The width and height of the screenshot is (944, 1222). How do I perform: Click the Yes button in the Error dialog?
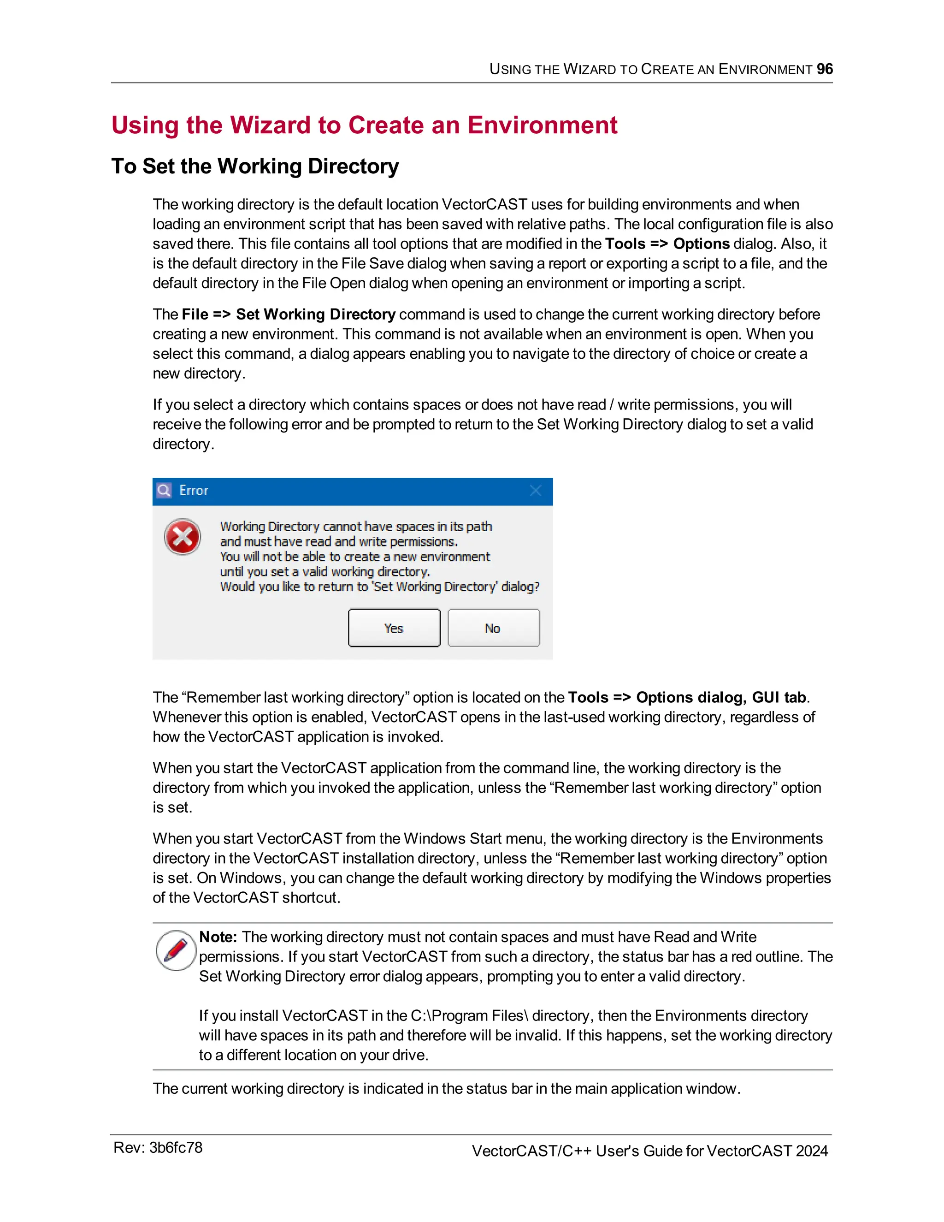394,628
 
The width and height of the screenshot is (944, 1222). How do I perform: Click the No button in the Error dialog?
493,628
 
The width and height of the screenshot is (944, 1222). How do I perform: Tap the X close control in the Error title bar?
535,491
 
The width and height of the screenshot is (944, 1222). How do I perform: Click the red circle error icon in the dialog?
183,537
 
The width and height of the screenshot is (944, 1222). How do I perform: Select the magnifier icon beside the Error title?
164,491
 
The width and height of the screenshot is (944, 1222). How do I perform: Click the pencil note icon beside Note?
176,950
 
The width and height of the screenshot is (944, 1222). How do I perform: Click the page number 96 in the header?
824,69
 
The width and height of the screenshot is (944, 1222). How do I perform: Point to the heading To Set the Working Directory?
255,166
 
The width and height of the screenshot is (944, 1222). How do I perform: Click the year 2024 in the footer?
811,1151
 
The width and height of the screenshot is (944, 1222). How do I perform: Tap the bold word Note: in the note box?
218,937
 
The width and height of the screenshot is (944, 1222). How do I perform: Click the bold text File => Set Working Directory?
289,314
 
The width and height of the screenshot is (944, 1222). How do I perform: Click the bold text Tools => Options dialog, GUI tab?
687,697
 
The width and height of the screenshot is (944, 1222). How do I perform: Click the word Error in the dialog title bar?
194,491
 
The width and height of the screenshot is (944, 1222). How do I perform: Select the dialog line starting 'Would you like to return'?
379,587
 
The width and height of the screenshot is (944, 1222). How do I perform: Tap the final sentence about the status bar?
446,1088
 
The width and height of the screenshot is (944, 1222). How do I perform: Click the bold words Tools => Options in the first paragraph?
667,244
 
